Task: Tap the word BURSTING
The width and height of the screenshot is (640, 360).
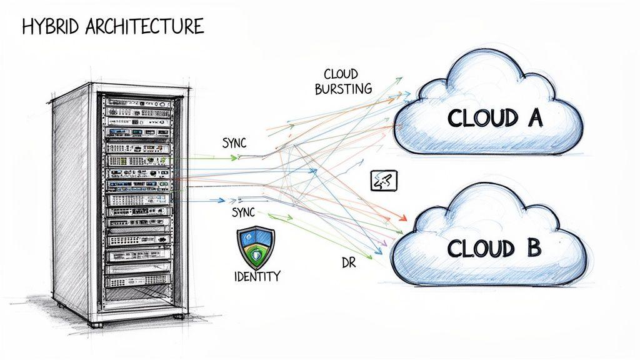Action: [x=343, y=89]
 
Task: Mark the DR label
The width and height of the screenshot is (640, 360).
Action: [x=349, y=264]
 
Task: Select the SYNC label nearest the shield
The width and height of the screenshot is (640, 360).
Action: [x=243, y=212]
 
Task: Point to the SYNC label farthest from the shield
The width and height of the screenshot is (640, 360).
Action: [x=234, y=143]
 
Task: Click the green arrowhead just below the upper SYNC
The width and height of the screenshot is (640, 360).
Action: [x=234, y=157]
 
